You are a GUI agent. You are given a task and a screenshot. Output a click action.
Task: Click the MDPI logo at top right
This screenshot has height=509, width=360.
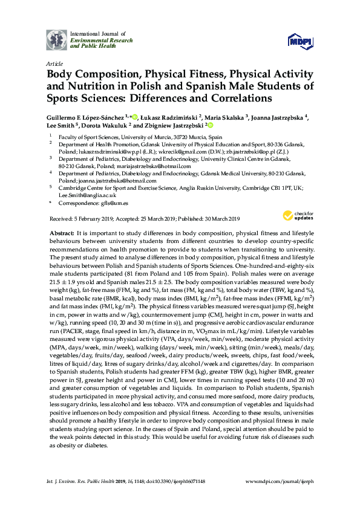299,41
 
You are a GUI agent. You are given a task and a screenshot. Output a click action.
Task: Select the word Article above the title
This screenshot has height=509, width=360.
53,63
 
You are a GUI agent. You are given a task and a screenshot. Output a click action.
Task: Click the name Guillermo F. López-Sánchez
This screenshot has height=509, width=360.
86,116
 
